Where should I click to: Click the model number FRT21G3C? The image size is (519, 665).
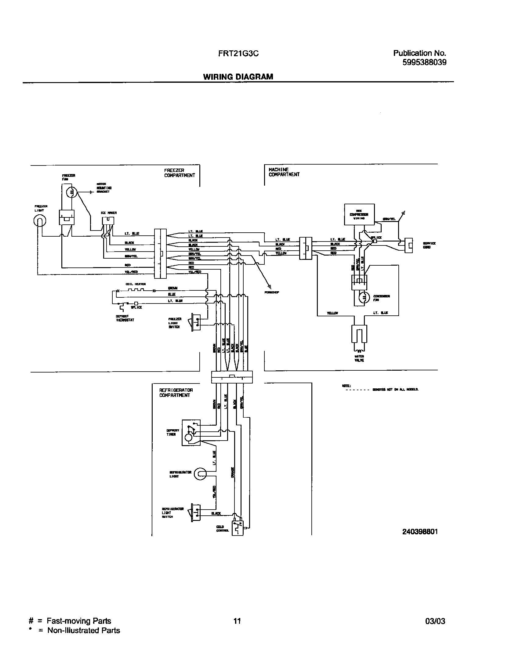click(x=238, y=54)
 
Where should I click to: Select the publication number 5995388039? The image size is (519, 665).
click(x=424, y=62)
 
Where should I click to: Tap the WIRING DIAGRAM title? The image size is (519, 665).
click(x=238, y=77)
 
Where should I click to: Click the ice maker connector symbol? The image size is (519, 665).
click(x=108, y=221)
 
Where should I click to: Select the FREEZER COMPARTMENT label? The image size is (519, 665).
click(x=179, y=173)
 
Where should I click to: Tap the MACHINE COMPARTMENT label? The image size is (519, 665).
click(x=284, y=172)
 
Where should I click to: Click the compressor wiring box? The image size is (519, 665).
click(x=359, y=214)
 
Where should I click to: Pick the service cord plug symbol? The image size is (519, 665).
click(x=408, y=245)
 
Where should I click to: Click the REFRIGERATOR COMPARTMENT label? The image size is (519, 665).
click(x=176, y=393)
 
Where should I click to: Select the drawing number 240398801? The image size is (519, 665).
click(x=420, y=532)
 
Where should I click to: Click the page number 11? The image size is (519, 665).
click(x=237, y=621)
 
